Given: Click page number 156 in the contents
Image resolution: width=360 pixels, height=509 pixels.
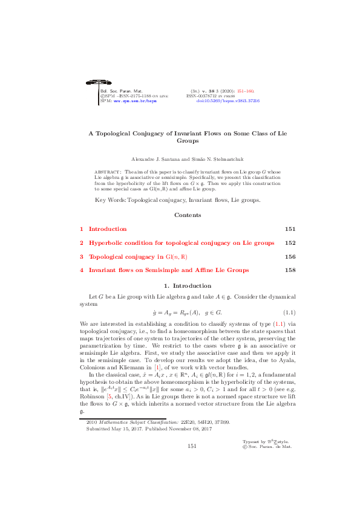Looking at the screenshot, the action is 289,256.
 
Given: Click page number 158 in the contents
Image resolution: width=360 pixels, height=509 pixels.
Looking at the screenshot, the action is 289,270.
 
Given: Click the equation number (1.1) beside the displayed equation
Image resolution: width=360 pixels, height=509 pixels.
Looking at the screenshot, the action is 288,313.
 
